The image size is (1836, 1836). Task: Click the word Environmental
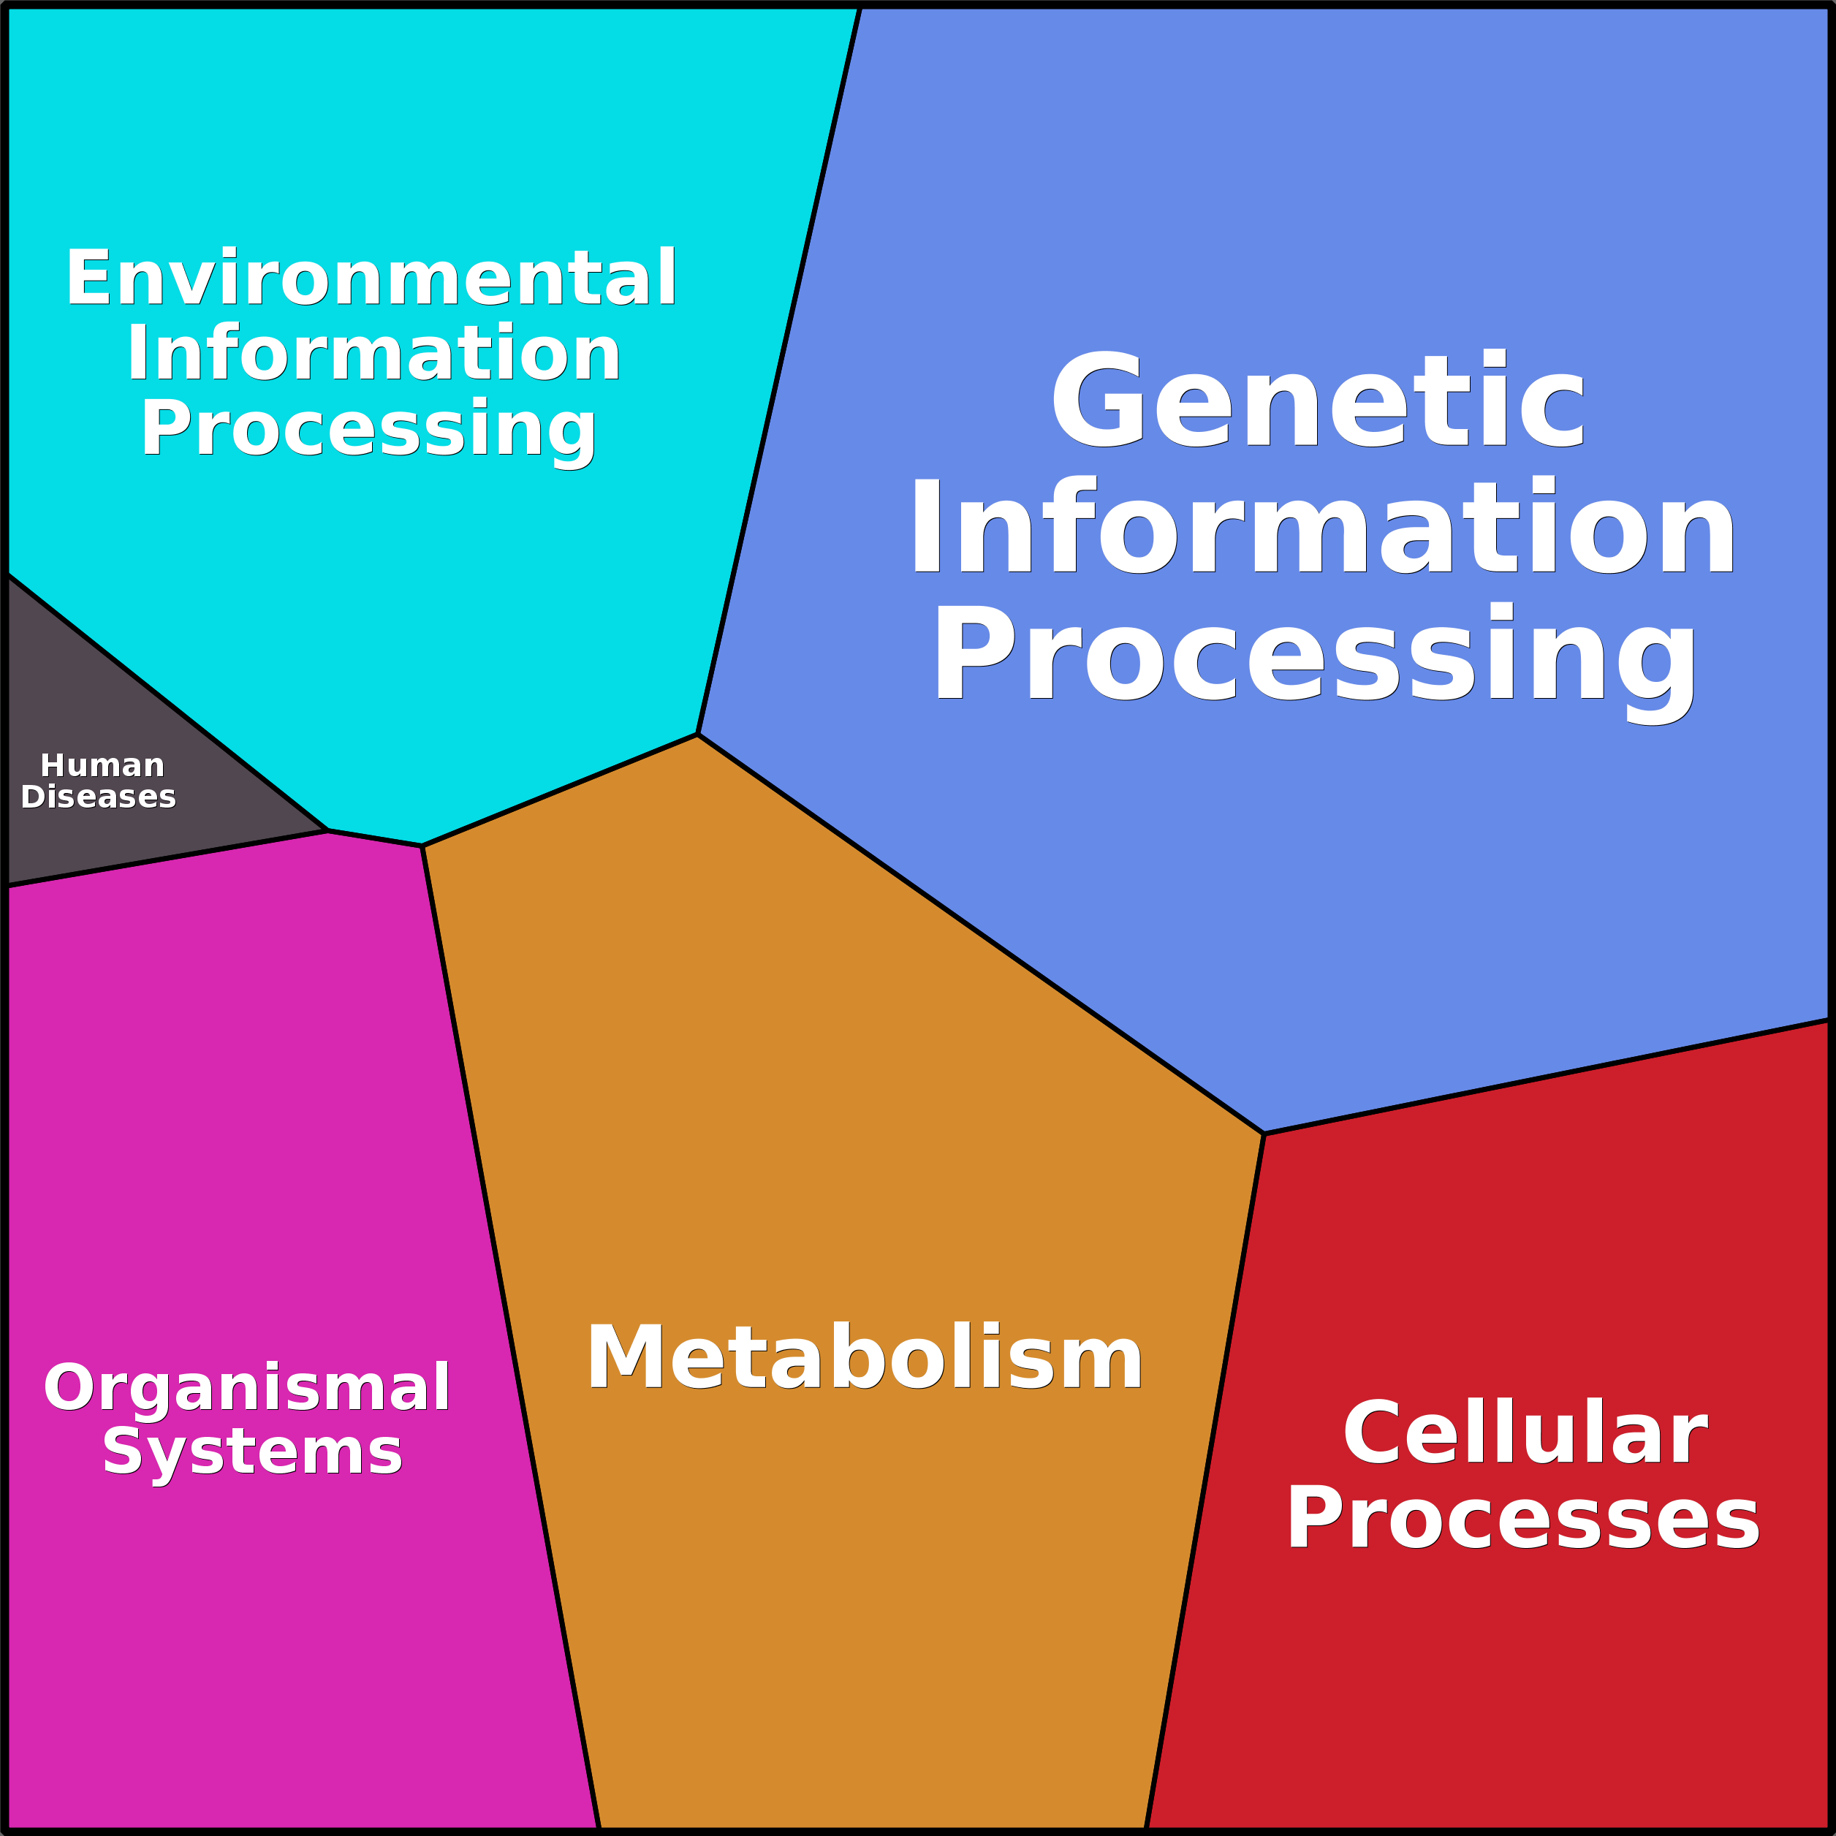coord(371,278)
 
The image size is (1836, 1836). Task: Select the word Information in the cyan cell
coord(373,354)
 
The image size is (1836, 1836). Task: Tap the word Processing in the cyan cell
coord(368,430)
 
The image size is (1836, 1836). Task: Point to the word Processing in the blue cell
coord(1315,656)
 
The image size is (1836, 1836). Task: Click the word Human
coord(102,766)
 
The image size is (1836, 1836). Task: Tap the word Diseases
coord(99,797)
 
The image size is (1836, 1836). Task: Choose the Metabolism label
coord(864,1358)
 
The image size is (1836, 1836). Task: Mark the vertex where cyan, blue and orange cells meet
coord(697,735)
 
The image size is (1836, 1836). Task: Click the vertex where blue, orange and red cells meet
coord(1264,1134)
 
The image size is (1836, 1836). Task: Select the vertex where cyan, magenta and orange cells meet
coord(422,846)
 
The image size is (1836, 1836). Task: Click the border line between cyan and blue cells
coord(779,371)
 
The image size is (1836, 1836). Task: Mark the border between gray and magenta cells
coord(167,859)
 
